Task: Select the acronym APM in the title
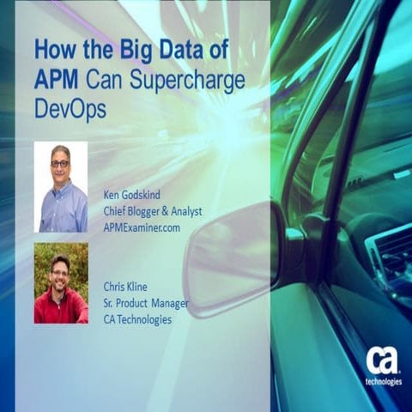56,80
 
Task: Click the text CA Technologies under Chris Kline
137,319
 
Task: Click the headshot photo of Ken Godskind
60,186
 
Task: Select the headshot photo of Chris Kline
60,282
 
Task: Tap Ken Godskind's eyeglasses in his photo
59,163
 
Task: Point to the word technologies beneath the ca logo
382,381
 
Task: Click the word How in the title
52,49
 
